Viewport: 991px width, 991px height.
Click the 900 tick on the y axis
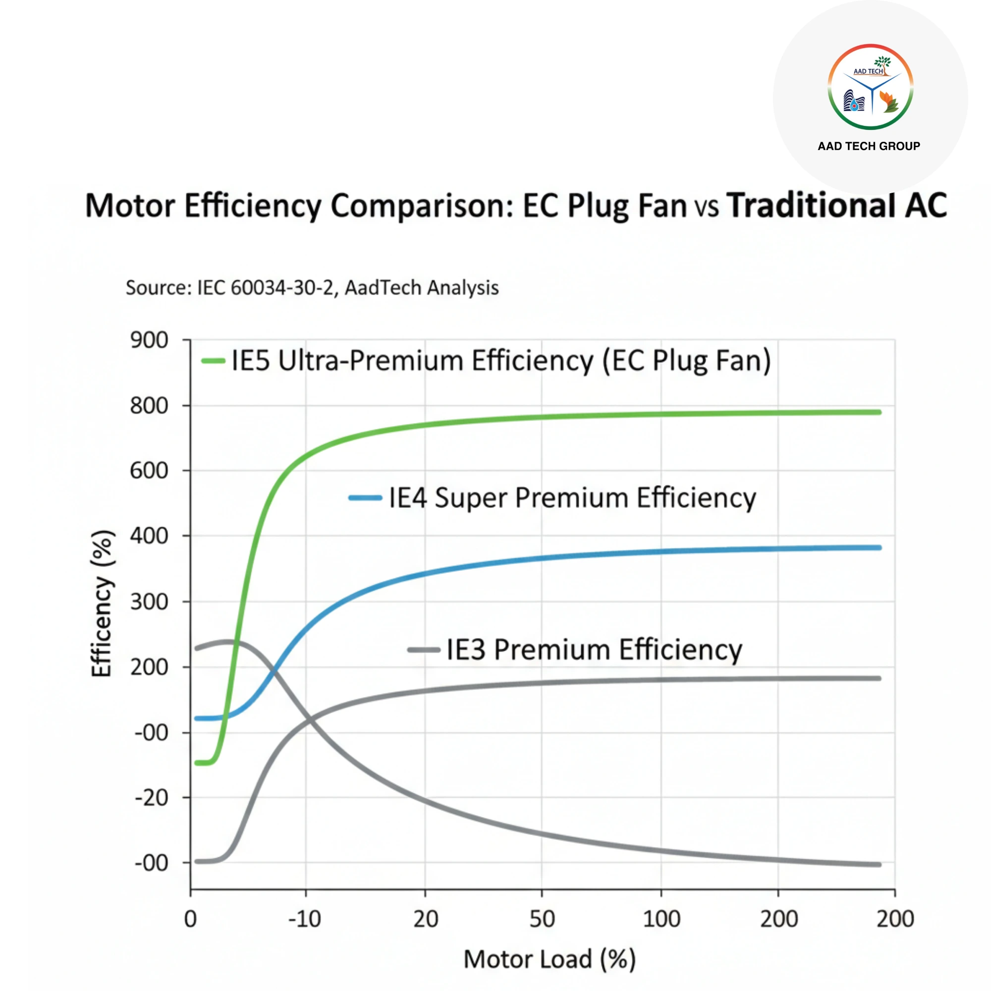pos(149,340)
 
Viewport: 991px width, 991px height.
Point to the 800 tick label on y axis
pos(149,406)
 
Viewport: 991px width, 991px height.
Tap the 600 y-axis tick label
pos(149,470)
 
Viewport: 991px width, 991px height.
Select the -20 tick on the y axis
pos(151,798)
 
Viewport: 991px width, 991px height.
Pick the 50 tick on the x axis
pos(542,919)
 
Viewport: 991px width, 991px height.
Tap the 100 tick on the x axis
pos(661,919)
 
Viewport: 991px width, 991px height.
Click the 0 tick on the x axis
pos(190,919)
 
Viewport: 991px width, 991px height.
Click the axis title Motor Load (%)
pos(550,959)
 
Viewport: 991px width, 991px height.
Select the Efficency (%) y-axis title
pos(102,604)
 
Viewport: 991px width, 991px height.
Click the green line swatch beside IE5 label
pos(214,361)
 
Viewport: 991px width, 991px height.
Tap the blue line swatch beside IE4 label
pos(365,497)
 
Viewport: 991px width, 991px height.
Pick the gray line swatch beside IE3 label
pos(424,650)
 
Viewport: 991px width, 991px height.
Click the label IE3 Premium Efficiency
pos(594,650)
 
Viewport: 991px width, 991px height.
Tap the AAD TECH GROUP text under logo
pos(869,146)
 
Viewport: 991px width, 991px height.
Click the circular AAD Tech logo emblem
pos(871,86)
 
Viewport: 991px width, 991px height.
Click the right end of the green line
pos(879,412)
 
